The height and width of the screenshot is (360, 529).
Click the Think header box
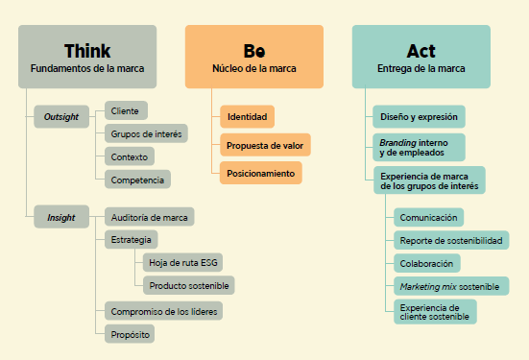coord(86,57)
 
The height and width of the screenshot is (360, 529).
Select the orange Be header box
coord(253,57)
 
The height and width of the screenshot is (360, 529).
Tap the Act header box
coord(421,57)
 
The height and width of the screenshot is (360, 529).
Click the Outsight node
coord(60,117)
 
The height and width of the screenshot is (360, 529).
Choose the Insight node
coord(60,218)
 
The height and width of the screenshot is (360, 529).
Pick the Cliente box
coord(126,111)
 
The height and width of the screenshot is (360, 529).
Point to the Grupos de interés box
coord(146,133)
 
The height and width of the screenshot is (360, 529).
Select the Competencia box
coord(137,179)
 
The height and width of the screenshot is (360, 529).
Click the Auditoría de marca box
coord(149,216)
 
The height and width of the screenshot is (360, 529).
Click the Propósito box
coord(130,333)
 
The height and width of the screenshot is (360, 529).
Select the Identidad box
coord(247,117)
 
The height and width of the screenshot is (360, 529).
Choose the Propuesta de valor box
coord(265,146)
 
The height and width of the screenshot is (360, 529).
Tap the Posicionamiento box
coord(260,174)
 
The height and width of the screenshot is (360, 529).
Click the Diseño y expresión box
coord(419,117)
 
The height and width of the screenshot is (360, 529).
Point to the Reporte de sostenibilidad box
coord(450,240)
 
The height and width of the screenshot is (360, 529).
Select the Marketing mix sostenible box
coord(448,287)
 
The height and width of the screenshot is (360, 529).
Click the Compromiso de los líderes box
coord(164,310)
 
